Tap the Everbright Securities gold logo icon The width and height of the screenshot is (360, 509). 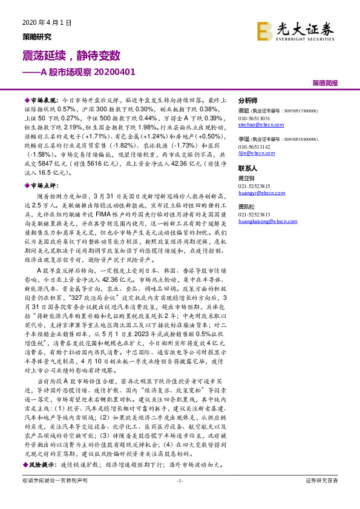pyautogui.click(x=264, y=30)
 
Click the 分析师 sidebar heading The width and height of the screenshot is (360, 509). pyautogui.click(x=248, y=100)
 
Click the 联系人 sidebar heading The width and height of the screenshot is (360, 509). pyautogui.click(x=248, y=169)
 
